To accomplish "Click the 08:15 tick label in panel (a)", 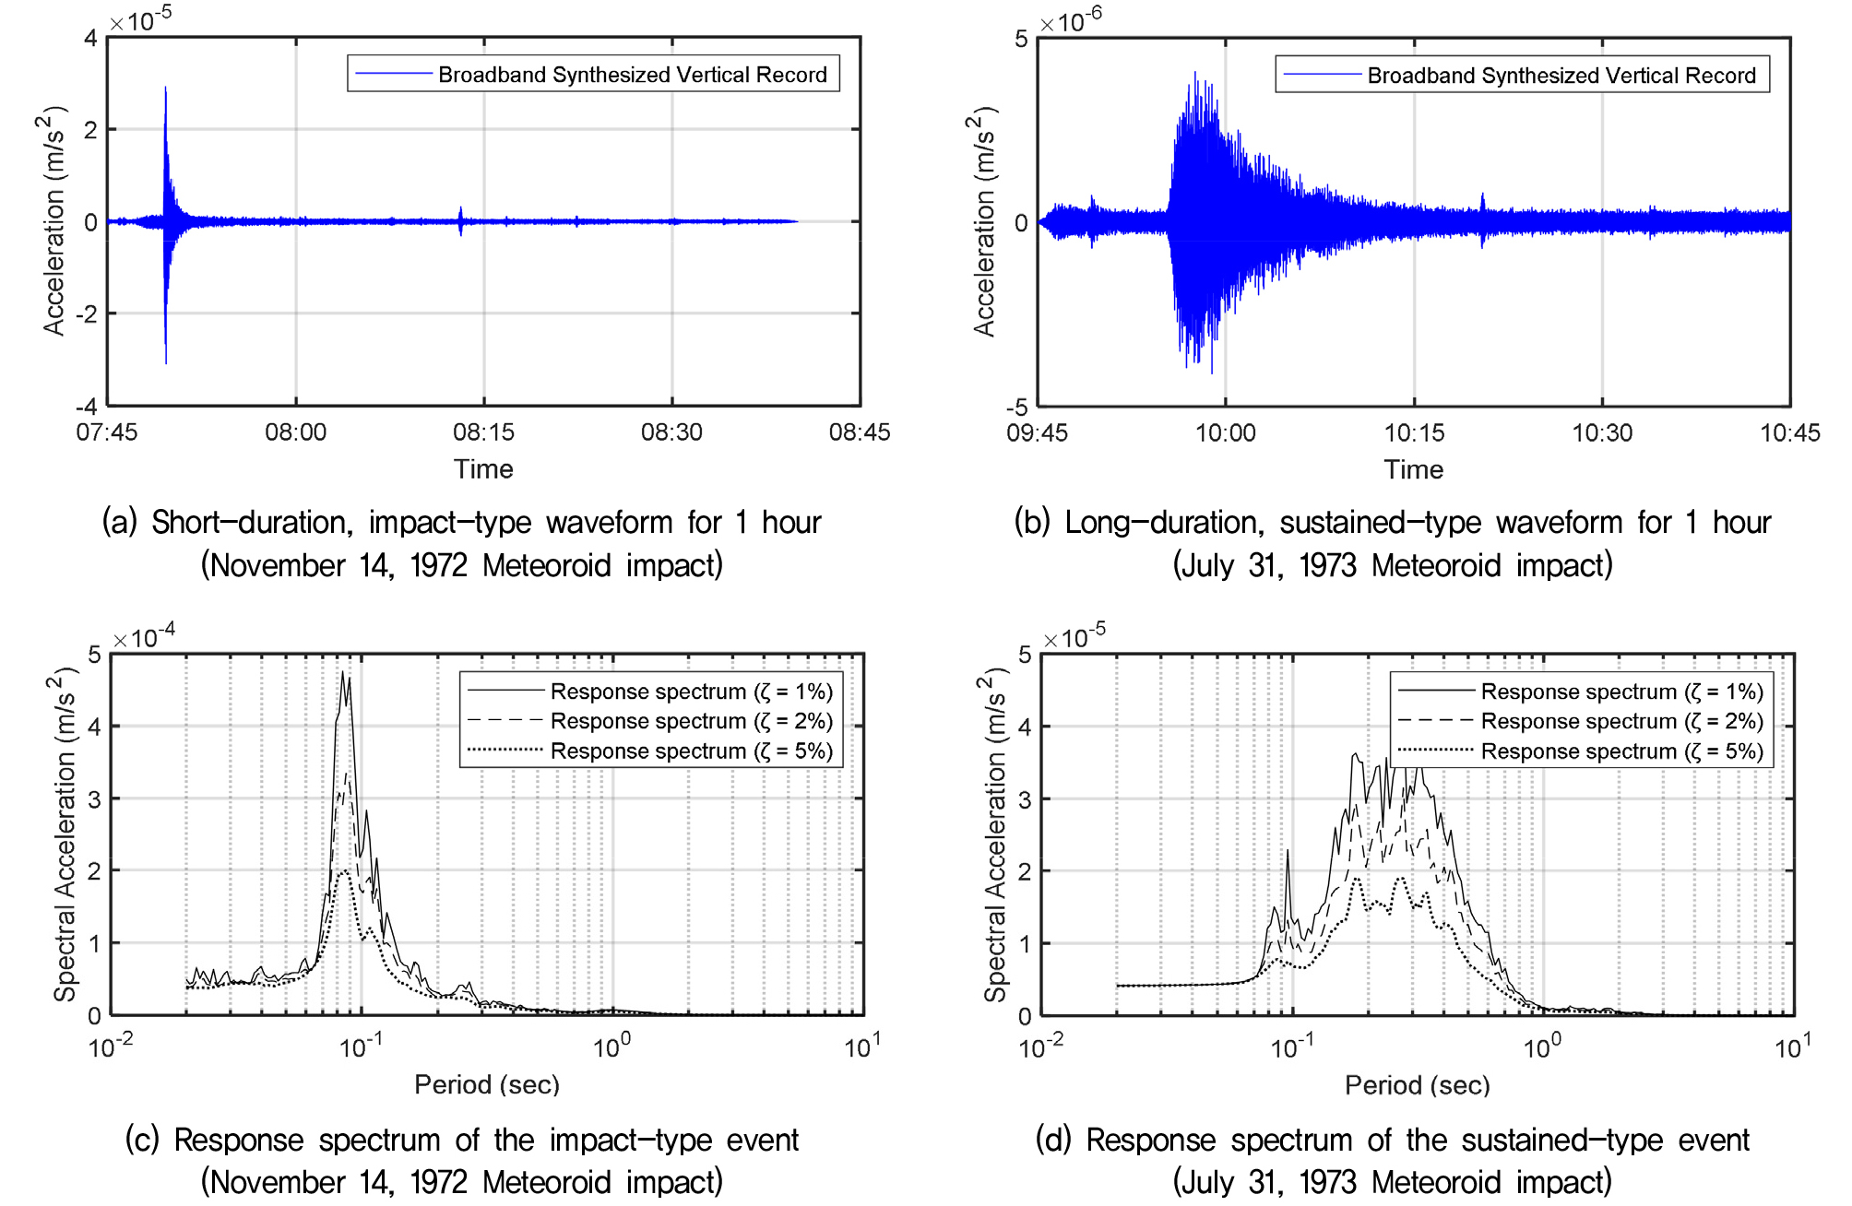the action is pyautogui.click(x=483, y=432).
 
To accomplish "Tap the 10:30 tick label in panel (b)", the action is pyautogui.click(x=1602, y=432).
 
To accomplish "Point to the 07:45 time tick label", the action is pyautogui.click(x=107, y=432).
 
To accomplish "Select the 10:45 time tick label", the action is pyautogui.click(x=1790, y=432).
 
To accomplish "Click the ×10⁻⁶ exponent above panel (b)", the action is pyautogui.click(x=1070, y=19).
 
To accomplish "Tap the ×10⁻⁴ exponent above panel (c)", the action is pyautogui.click(x=144, y=635).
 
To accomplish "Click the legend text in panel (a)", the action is pyautogui.click(x=633, y=75).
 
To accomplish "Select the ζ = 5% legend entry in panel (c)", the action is pyautogui.click(x=692, y=751).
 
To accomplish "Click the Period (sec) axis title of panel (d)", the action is pyautogui.click(x=1418, y=1085).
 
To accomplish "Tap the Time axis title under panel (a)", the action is pyautogui.click(x=483, y=469).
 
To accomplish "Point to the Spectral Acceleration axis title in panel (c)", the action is pyautogui.click(x=63, y=834).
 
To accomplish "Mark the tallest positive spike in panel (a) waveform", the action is pyautogui.click(x=165, y=89).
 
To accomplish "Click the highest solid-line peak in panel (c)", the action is pyautogui.click(x=342, y=673).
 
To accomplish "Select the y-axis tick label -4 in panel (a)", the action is pyautogui.click(x=87, y=407).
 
